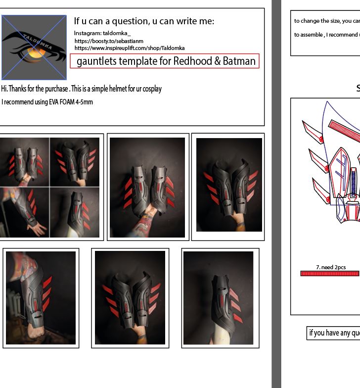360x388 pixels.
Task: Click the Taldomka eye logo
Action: pyautogui.click(x=34, y=47)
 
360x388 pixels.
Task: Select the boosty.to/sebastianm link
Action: pyautogui.click(x=109, y=41)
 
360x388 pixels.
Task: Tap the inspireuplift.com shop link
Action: pyautogui.click(x=130, y=48)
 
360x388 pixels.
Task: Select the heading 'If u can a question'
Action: pyautogui.click(x=143, y=21)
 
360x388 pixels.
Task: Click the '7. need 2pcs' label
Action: pyautogui.click(x=330, y=267)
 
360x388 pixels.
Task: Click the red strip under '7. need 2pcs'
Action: pyautogui.click(x=329, y=274)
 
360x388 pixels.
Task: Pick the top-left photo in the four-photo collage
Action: pyautogui.click(x=25, y=161)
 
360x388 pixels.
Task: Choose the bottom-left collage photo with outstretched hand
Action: pyautogui.click(x=25, y=212)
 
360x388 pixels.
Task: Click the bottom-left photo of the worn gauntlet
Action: pyautogui.click(x=41, y=298)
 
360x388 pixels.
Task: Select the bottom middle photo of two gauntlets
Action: pyautogui.click(x=130, y=298)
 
